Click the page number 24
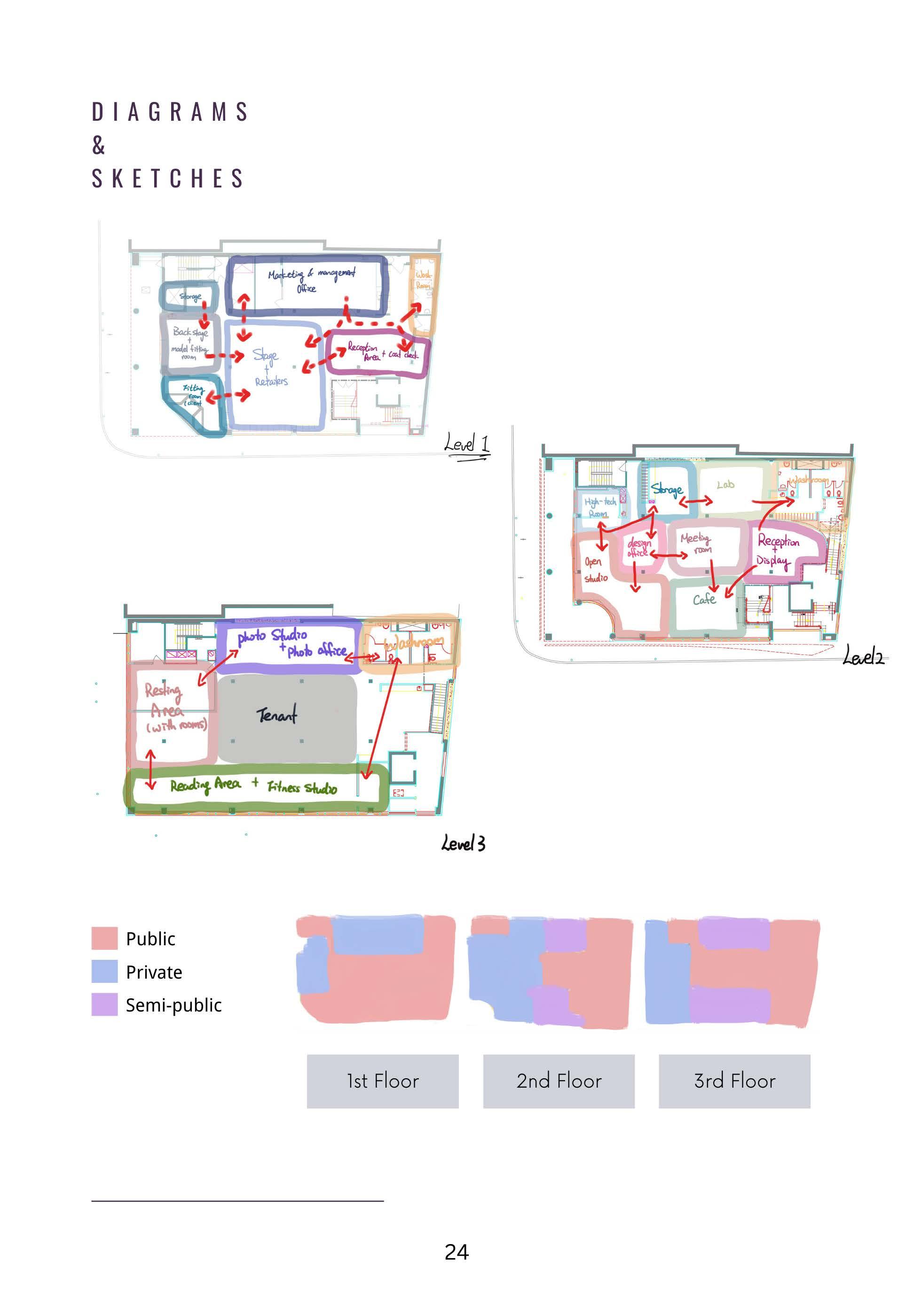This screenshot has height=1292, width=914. [x=456, y=1252]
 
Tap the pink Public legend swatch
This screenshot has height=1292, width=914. [x=104, y=938]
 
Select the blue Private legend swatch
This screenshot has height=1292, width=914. [x=104, y=971]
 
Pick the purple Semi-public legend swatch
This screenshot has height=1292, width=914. [x=104, y=1004]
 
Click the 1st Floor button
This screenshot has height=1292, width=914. [x=382, y=1081]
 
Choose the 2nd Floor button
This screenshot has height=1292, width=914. [x=559, y=1081]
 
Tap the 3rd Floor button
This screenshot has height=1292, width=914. [x=734, y=1081]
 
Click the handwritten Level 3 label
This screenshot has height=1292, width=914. [x=463, y=843]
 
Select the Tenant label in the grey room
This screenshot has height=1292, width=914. [x=276, y=715]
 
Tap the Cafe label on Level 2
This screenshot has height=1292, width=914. [x=704, y=600]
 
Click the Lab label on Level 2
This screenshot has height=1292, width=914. [x=725, y=484]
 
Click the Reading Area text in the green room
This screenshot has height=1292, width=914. [x=205, y=785]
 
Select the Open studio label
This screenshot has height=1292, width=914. [x=595, y=569]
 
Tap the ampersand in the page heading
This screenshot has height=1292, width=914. [x=99, y=145]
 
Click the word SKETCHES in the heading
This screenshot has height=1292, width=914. [x=167, y=179]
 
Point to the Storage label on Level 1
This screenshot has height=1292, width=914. [x=190, y=296]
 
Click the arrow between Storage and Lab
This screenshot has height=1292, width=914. [x=695, y=501]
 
